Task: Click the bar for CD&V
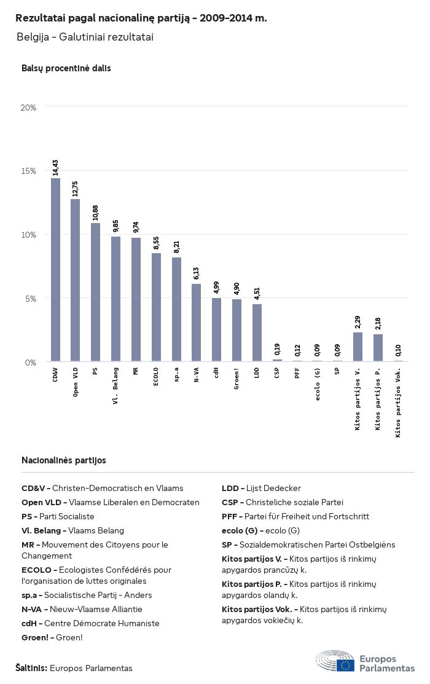[55, 270]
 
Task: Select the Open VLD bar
[75, 280]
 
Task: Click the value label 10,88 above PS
[95, 213]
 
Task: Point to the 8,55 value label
[156, 243]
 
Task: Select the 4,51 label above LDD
[257, 294]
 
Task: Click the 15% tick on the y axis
[29, 171]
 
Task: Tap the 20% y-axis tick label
[29, 108]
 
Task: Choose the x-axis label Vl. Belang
[115, 385]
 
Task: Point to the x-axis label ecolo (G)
[318, 384]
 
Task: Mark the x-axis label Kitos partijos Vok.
[398, 403]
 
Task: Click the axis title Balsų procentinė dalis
[66, 68]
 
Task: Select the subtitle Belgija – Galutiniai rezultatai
[85, 37]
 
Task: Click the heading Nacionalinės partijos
[64, 460]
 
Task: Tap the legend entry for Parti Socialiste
[58, 516]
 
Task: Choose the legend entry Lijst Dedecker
[261, 488]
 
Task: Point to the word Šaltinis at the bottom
[31, 668]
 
